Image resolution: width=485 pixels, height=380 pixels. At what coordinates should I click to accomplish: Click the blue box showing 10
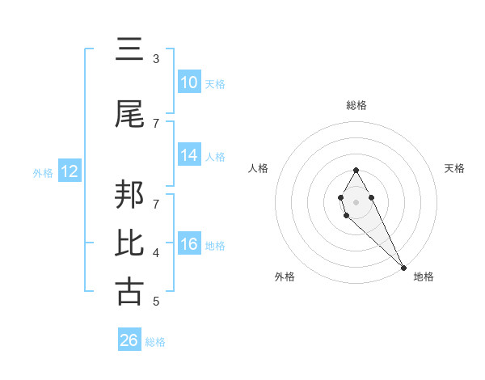[188, 82]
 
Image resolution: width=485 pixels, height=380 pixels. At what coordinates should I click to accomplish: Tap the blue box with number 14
[188, 156]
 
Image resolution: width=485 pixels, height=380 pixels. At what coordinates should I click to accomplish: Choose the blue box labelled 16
[188, 245]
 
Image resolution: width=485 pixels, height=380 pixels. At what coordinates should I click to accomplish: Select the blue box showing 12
[70, 171]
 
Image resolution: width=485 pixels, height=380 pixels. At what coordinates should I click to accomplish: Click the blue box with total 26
[129, 340]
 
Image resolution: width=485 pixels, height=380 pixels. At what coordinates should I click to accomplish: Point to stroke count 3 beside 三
[156, 59]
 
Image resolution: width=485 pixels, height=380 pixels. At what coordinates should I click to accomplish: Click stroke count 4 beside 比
[156, 253]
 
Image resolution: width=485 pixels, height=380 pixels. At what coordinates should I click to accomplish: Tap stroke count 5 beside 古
[156, 302]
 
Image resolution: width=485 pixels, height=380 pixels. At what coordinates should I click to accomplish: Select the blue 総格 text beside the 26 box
[155, 341]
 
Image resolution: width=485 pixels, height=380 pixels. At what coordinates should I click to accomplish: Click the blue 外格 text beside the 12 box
[43, 172]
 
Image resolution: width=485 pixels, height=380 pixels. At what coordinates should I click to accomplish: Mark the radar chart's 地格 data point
[403, 267]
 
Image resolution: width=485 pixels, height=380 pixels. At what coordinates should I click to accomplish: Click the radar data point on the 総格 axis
[356, 170]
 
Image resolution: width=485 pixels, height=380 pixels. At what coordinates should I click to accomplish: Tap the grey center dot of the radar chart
[356, 201]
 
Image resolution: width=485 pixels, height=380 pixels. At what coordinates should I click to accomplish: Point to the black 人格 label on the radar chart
[259, 168]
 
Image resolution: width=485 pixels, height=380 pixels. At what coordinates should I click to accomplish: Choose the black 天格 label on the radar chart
[454, 168]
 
